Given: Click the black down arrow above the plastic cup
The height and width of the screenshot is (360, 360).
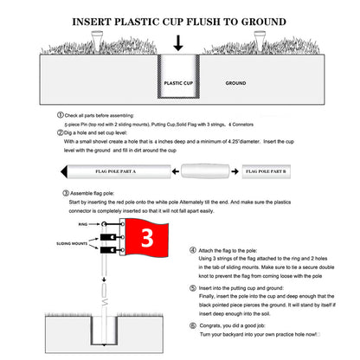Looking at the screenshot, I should coord(177,42).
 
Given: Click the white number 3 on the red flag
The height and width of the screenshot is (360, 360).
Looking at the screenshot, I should coord(148,236).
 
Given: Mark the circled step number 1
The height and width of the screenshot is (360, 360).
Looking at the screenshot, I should coord(59,114).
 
